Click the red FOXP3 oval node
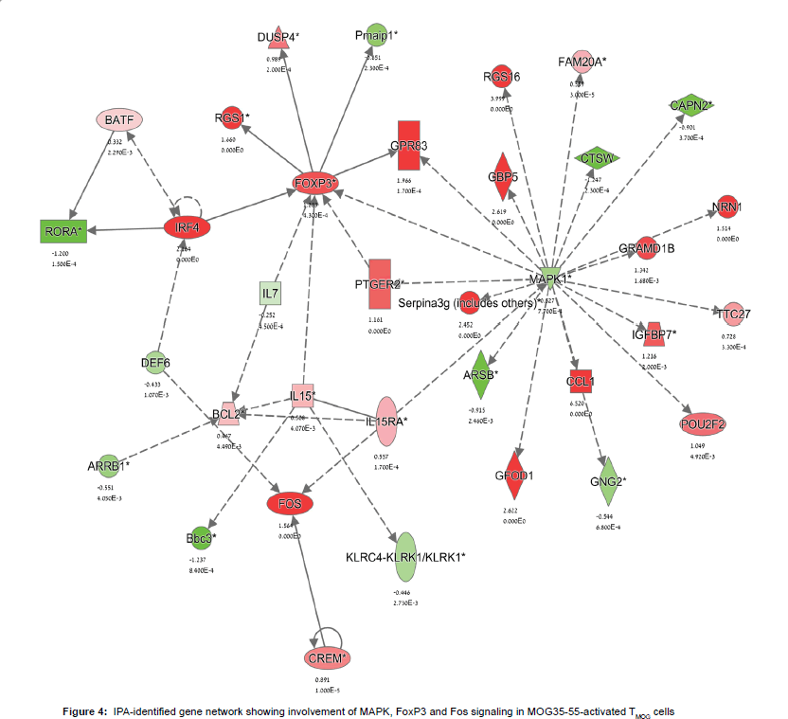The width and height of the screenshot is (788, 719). point(309,183)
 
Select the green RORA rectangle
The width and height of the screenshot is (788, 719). point(63,230)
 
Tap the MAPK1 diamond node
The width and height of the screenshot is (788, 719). point(550,279)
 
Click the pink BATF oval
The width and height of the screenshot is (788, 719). point(119,120)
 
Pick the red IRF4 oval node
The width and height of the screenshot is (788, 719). point(186,227)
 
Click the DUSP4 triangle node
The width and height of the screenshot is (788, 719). point(278,36)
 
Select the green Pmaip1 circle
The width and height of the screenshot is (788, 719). point(374,35)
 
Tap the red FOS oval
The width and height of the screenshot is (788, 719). point(290,504)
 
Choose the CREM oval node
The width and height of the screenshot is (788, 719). point(328,657)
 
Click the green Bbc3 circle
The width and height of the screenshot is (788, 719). point(201,538)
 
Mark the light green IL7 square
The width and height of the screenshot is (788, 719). point(272,295)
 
